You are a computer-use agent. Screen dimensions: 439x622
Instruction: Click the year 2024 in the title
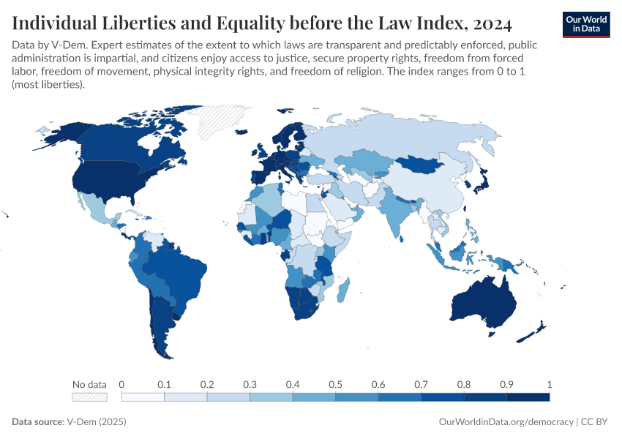pos(488,23)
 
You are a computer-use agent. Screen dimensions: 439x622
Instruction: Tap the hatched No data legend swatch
pos(89,397)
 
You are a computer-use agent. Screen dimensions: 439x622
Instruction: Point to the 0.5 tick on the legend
pos(335,384)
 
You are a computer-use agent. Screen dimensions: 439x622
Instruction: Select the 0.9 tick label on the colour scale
pos(506,384)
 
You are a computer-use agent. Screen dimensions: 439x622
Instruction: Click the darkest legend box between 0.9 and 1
pos(528,397)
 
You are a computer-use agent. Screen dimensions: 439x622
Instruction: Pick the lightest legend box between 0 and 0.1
pos(143,397)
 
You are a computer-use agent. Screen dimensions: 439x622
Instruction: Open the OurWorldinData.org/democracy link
pos(506,422)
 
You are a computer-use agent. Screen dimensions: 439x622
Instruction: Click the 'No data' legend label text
pos(89,384)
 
